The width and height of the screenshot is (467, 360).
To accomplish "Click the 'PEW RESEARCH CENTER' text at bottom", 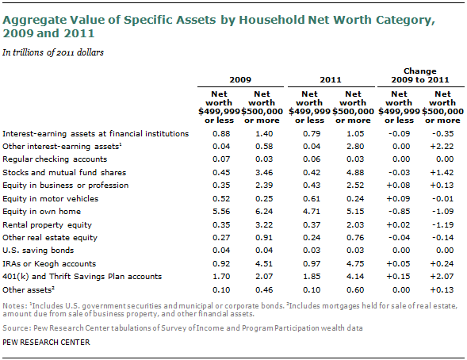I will pyautogui.click(x=46, y=343).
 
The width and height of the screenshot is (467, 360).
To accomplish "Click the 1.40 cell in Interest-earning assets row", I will pyautogui.click(x=264, y=133).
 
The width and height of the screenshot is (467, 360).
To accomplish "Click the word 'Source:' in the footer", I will pyautogui.click(x=16, y=327).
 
